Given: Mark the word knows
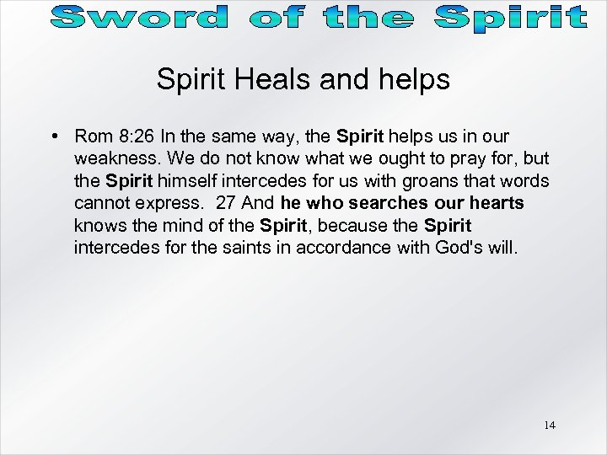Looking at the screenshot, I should click(x=95, y=226).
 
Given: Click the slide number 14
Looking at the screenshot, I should click(x=550, y=426).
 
